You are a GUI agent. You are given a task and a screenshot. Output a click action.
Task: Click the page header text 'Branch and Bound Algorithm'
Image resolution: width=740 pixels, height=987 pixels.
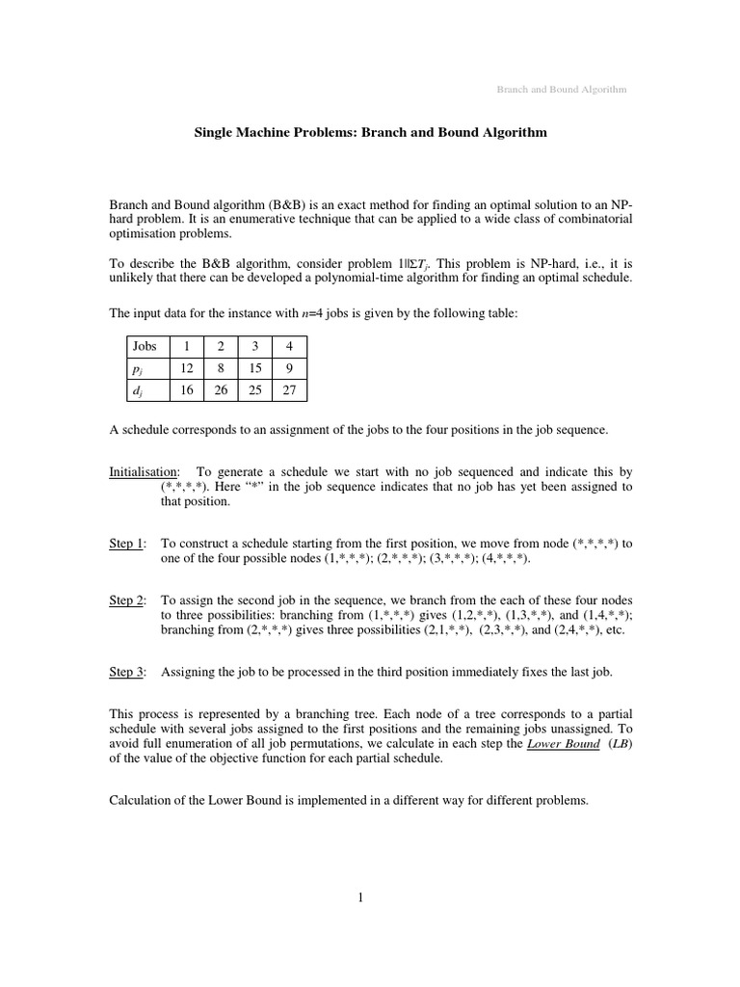561,89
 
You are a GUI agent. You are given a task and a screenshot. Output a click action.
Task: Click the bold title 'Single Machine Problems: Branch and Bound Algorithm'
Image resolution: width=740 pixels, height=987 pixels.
371,132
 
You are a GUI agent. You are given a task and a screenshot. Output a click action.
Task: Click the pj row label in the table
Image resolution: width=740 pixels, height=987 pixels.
139,367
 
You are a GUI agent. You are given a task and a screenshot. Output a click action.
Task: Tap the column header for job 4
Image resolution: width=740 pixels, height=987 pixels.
289,345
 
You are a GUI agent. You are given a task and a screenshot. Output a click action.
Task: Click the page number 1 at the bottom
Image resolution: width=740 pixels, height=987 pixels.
360,898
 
